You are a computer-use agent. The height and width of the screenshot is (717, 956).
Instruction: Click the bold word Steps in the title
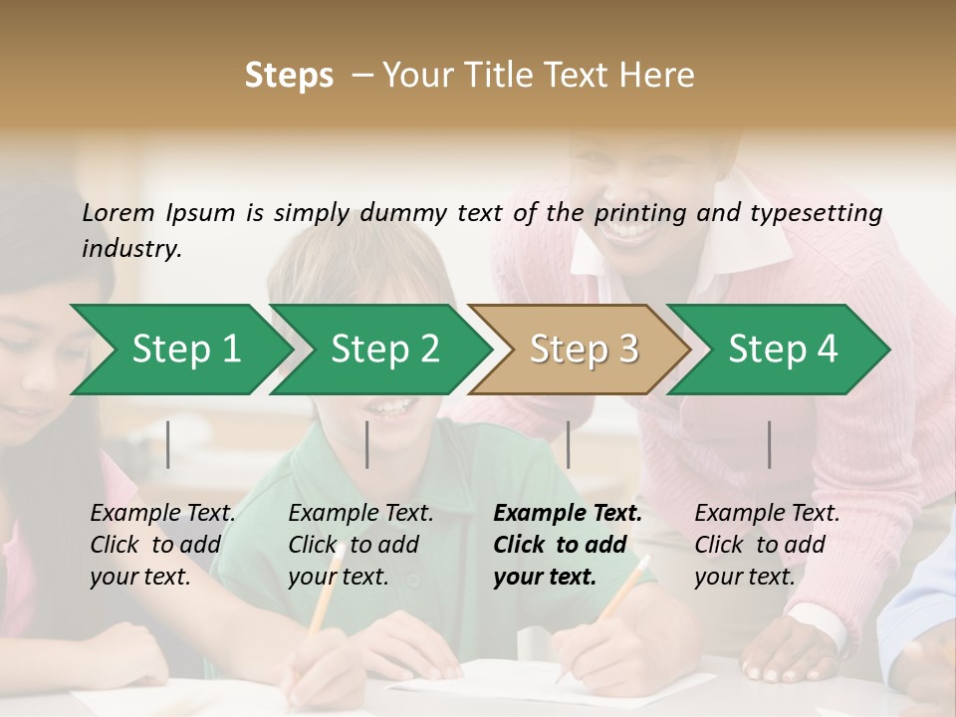point(289,76)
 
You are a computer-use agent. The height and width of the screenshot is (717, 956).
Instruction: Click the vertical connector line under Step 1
point(168,444)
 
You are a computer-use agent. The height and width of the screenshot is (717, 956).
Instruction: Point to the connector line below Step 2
point(367,444)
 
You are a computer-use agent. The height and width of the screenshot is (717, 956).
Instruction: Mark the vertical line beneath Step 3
point(569,444)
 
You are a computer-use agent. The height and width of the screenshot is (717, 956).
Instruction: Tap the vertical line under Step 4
point(770,444)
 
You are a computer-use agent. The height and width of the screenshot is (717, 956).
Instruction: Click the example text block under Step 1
point(163,545)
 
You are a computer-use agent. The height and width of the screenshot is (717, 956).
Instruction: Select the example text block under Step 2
point(360,545)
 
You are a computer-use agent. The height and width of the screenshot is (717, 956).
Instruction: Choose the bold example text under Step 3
point(568,545)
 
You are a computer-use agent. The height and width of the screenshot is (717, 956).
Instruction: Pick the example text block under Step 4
point(767,545)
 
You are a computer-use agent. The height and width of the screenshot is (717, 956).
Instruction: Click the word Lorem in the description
point(119,212)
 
